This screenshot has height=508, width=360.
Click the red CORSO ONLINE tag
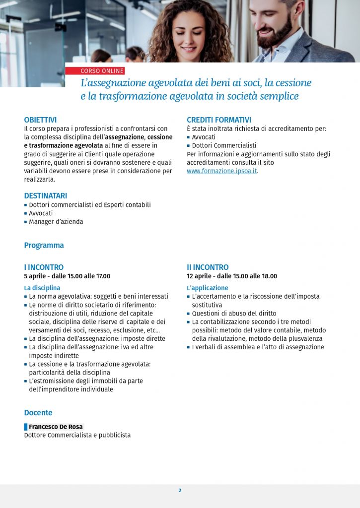[102, 71]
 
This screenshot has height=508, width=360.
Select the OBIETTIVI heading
[40, 120]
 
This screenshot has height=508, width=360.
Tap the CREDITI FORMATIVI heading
[219, 120]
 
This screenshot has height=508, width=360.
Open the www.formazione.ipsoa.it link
[222, 171]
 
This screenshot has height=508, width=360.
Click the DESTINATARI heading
[46, 196]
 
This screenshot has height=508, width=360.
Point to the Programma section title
[44, 246]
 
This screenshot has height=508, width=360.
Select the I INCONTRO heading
[44, 267]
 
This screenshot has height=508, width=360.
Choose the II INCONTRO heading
[208, 267]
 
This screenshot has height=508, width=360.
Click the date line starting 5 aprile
[67, 276]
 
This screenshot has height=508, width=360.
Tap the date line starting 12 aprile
[232, 276]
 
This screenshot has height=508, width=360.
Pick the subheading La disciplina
[42, 288]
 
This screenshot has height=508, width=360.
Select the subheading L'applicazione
[208, 288]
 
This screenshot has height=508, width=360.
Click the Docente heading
[38, 413]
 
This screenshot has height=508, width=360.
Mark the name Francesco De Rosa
[56, 427]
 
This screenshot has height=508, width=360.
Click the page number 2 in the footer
[180, 491]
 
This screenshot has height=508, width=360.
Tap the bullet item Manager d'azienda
[56, 222]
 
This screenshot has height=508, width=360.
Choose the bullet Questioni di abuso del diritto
[234, 314]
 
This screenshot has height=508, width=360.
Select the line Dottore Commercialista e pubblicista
[77, 435]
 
